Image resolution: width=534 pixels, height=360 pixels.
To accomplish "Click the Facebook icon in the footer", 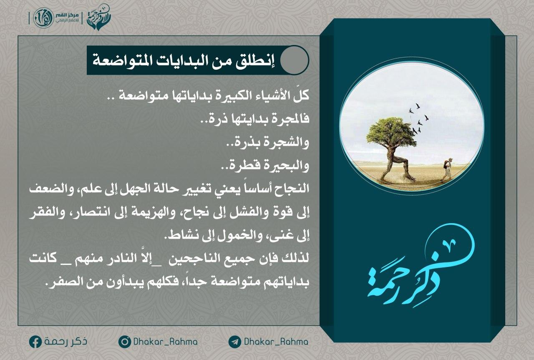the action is coord(35,342).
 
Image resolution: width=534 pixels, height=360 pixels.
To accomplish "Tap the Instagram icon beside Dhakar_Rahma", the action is coord(124,342).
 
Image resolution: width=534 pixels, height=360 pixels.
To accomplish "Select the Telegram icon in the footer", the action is coord(234,342).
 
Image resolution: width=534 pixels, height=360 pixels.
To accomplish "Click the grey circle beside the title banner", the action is coord(294,60).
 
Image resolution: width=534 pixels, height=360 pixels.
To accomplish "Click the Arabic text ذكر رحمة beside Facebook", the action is coord(65,341).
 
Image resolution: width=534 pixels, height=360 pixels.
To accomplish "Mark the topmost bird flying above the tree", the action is coord(417,106).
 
